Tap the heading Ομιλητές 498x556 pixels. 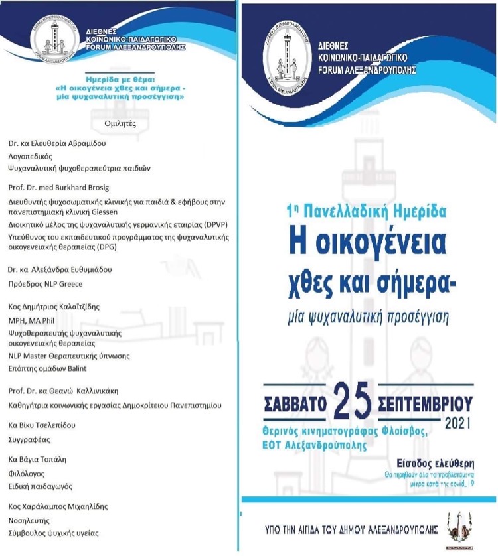[120, 123]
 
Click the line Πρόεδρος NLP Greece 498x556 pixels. [45, 284]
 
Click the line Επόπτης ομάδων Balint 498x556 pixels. [47, 368]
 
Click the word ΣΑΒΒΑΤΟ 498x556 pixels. [295, 403]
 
